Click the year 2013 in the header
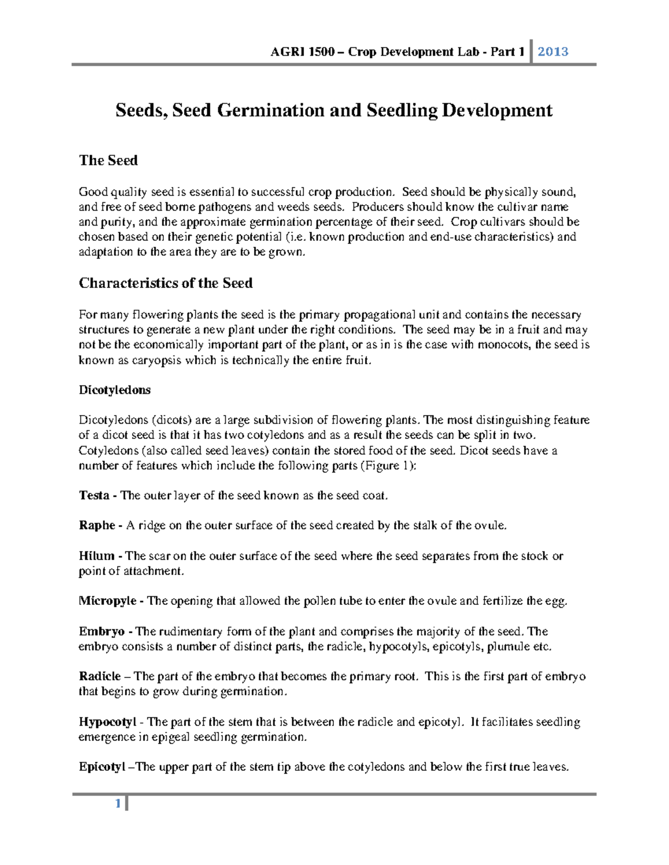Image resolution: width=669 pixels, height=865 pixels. coord(553,52)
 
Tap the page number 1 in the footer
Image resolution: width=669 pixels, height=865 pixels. coord(118,804)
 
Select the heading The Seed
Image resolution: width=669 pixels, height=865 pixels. coord(108,160)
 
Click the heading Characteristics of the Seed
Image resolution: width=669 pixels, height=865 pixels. coord(166,283)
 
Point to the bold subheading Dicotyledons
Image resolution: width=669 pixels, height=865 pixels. coord(115,390)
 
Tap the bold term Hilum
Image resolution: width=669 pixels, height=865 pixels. coord(96,556)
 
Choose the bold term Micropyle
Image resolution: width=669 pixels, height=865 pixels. coord(108,601)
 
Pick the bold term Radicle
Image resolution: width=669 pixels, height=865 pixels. coord(100,677)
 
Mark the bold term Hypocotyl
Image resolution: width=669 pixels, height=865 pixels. coord(107,722)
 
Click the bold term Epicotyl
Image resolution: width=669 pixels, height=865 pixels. coord(102,767)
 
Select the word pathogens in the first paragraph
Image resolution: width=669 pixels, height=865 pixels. coord(221,207)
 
